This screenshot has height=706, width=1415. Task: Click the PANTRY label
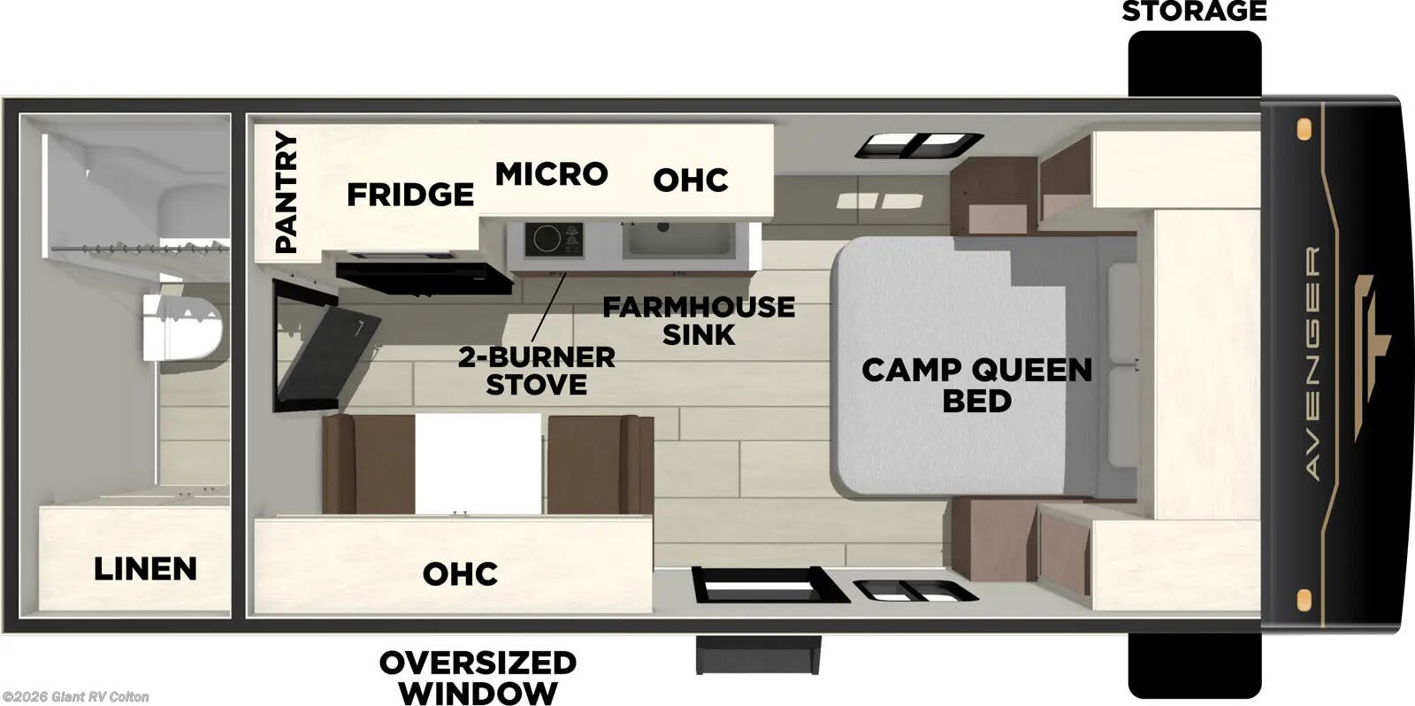point(286,192)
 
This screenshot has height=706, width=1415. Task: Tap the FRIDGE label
point(409,194)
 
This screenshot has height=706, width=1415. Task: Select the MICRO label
point(551,173)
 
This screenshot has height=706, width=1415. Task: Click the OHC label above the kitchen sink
point(691,180)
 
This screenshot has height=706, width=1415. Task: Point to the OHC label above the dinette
point(460,573)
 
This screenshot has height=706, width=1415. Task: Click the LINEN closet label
point(145,568)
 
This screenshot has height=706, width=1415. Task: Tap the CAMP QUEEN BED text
point(976,384)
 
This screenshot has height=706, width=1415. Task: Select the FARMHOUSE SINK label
point(699,320)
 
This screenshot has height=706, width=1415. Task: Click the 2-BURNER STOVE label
point(537,371)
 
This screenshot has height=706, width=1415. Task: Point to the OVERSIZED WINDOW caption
point(478,676)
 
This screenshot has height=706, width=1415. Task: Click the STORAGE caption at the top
point(1194,12)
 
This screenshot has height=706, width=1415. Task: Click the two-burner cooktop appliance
point(554,240)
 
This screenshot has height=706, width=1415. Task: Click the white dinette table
point(478,464)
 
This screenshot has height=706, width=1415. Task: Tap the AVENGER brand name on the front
point(1313,363)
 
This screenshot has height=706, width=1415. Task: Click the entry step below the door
point(758,654)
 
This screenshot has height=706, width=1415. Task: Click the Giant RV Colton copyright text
point(75,697)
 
